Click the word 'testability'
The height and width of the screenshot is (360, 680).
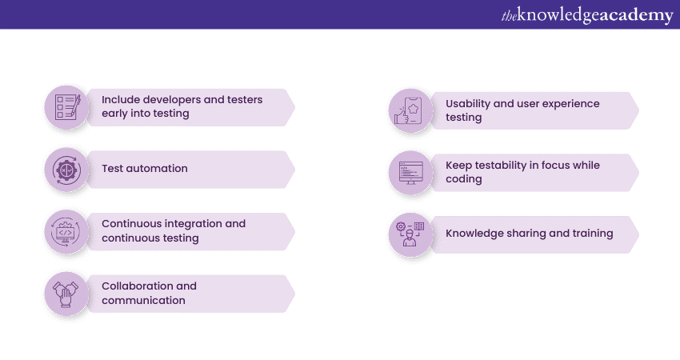coord(510,166)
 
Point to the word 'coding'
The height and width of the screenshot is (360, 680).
coord(464,179)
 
